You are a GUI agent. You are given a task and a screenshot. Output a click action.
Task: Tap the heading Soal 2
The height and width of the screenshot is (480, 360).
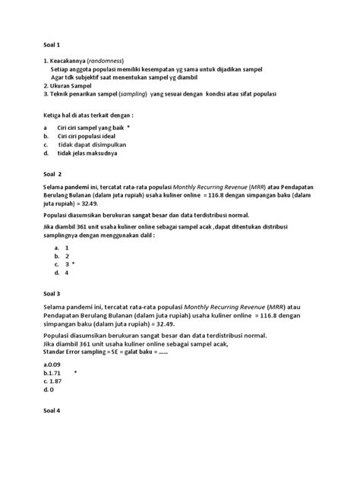point(51,173)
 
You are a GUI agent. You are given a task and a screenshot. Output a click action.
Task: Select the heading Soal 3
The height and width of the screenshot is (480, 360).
point(51,293)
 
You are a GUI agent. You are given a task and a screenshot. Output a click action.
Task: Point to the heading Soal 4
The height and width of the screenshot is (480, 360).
point(51,410)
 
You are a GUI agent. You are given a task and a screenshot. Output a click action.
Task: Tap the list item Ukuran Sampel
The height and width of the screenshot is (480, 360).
point(68,86)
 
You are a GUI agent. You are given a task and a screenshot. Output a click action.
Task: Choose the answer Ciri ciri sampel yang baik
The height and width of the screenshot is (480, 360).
point(91,128)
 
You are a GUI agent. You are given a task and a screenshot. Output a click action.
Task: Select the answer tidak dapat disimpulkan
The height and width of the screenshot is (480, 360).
point(92,144)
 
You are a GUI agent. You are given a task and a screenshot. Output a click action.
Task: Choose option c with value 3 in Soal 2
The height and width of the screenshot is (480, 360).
point(67,264)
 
